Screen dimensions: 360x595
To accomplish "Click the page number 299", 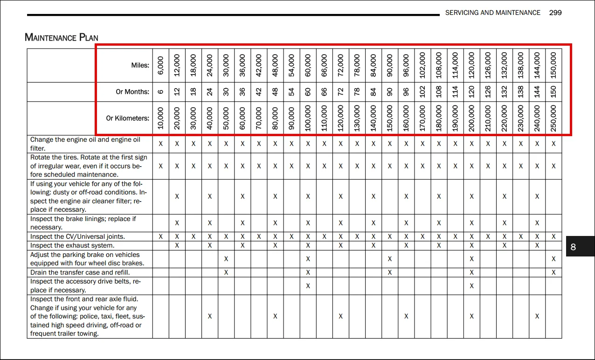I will [x=555, y=13].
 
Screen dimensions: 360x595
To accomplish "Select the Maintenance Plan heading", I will [x=62, y=37].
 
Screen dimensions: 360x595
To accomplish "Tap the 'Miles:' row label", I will [x=140, y=65].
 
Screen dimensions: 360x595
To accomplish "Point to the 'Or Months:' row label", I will [x=132, y=92].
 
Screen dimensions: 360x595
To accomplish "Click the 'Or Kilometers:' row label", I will [x=127, y=118].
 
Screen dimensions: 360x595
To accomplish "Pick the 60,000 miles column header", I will [x=308, y=65].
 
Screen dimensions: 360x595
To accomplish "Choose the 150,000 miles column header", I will [x=553, y=65].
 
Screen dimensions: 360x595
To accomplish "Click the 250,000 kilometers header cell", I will [x=553, y=118].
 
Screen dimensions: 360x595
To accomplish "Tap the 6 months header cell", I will [x=161, y=92].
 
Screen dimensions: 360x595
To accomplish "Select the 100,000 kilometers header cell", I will [x=308, y=118].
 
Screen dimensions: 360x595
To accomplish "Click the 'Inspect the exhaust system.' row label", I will [x=72, y=246].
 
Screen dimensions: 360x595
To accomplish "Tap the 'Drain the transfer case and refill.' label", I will [x=80, y=272].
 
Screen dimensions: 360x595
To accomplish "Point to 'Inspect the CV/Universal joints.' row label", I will [x=77, y=236].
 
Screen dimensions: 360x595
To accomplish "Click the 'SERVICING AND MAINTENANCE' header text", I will [x=492, y=13].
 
